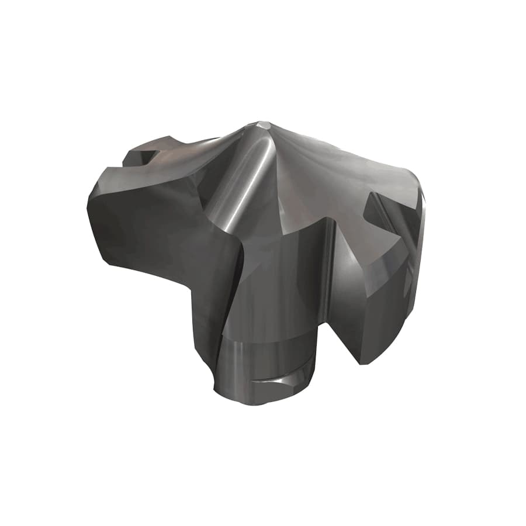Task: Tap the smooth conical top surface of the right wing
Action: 345,169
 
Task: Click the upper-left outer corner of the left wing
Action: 102,169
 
